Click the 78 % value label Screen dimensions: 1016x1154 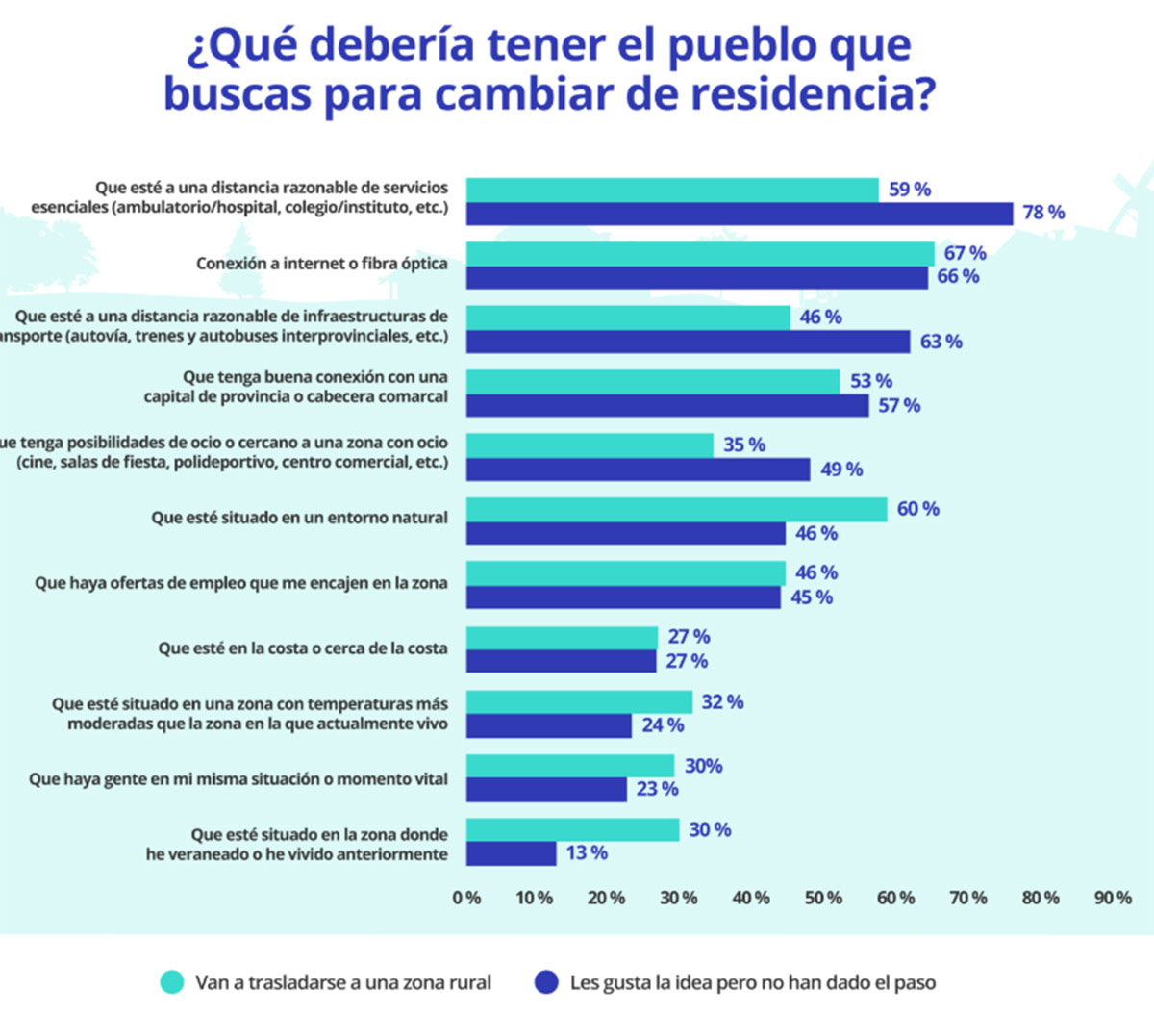pos(1043,213)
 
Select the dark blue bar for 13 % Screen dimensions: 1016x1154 pos(512,853)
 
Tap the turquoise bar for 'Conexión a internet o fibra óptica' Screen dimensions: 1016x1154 pos(700,254)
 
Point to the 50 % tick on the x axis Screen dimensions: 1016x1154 pos(823,898)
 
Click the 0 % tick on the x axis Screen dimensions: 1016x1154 pos(466,898)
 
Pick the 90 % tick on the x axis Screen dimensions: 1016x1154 pos(1113,898)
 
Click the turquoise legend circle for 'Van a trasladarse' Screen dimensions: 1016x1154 pos(172,982)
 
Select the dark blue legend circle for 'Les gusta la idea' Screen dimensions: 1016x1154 pos(546,982)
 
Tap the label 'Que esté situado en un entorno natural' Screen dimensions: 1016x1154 pos(299,518)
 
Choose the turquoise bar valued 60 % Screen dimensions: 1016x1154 pos(676,510)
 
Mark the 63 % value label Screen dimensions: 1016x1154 pos(941,342)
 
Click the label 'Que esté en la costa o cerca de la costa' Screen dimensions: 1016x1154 pos(303,648)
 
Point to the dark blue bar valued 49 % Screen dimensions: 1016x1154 pos(639,470)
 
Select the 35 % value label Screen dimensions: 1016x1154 pos(744,444)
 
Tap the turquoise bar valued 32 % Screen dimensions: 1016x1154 pos(579,702)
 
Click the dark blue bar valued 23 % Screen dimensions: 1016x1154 pos(546,790)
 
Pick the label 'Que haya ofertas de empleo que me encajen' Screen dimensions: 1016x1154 pos(240,583)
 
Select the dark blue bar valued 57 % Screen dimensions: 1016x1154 pos(667,406)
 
